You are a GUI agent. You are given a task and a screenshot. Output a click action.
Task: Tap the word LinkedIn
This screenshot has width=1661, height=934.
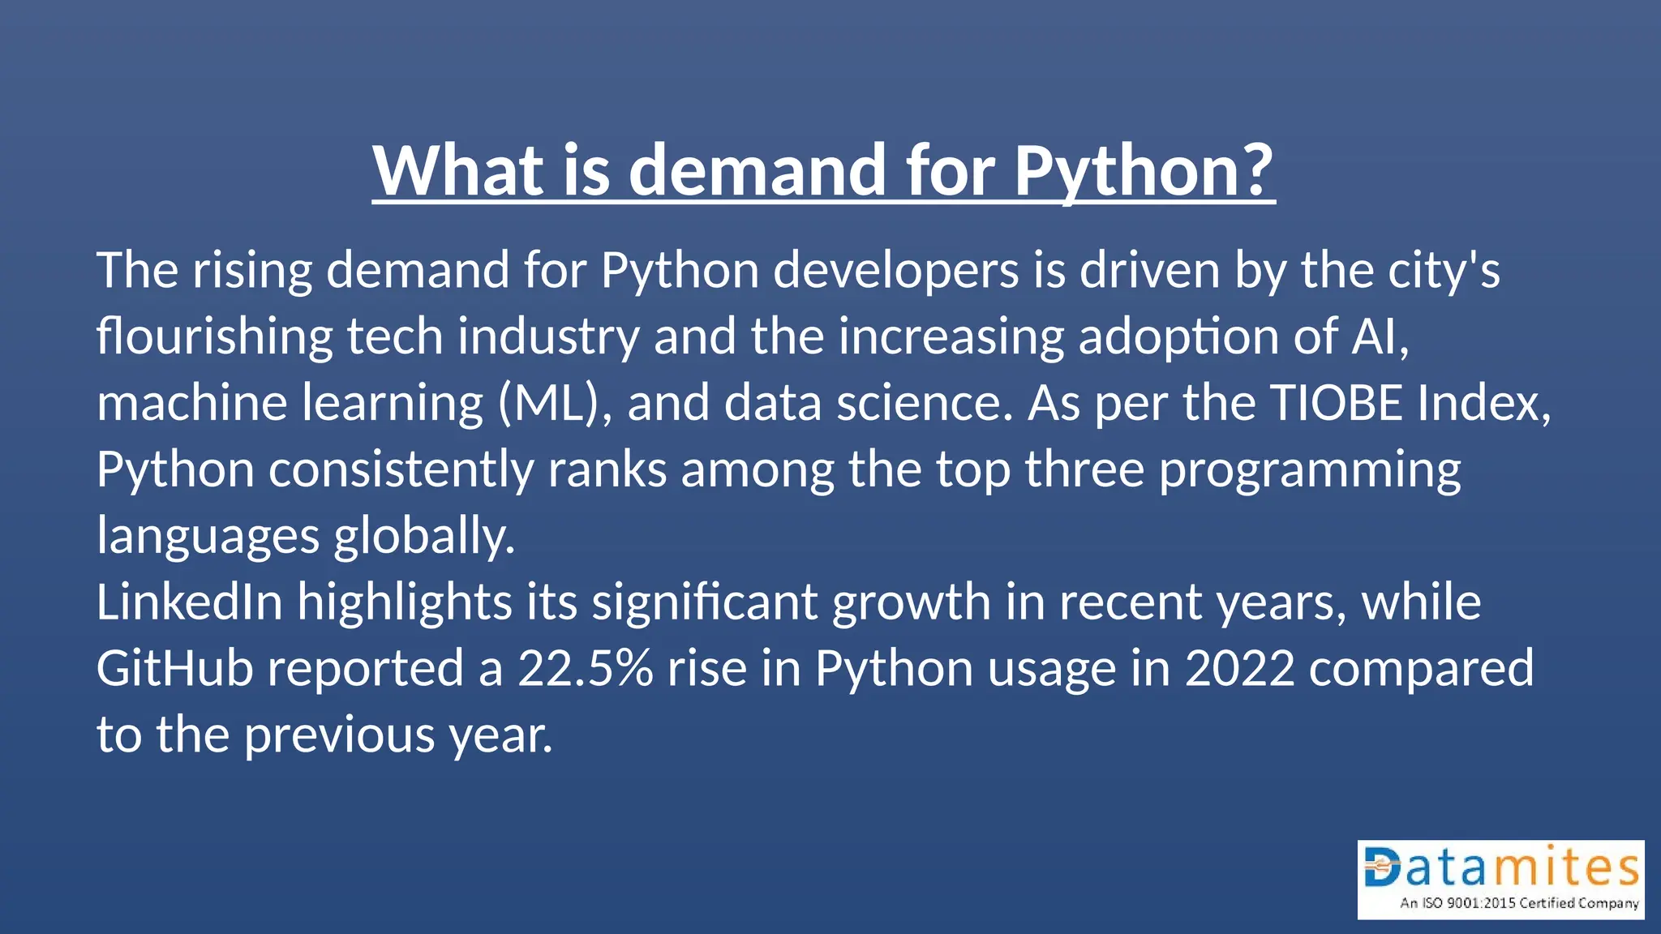click(189, 602)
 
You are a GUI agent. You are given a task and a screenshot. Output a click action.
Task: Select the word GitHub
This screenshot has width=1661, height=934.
click(174, 669)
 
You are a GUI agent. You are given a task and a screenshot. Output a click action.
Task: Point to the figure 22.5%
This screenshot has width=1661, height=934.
click(585, 669)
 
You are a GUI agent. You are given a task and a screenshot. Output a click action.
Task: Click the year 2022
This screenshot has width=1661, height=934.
click(1239, 669)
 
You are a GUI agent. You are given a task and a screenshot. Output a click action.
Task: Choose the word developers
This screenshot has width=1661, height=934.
click(895, 270)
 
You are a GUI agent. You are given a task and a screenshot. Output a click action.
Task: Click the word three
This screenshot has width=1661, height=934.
click(1084, 469)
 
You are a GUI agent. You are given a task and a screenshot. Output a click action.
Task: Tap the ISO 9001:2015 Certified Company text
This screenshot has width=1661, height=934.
click(1518, 903)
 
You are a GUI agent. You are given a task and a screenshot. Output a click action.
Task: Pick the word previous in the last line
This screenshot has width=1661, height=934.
click(339, 736)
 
